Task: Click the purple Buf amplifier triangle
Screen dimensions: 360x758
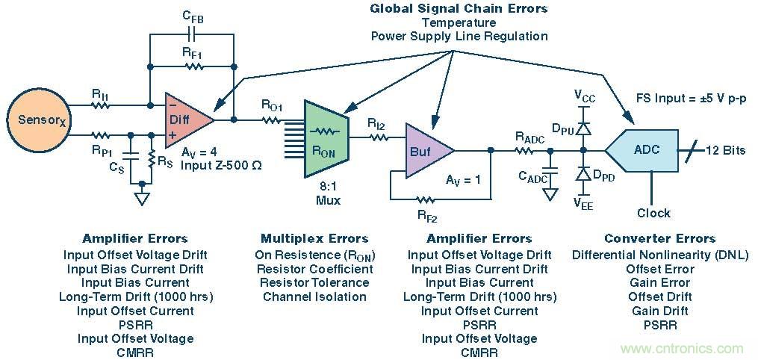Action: click(x=426, y=150)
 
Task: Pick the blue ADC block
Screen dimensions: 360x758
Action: click(x=644, y=150)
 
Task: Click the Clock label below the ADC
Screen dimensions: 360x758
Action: click(x=653, y=213)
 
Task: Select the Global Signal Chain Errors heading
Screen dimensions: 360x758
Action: click(x=459, y=9)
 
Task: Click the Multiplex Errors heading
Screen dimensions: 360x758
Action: click(x=314, y=239)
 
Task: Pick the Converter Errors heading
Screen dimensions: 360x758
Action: click(x=659, y=239)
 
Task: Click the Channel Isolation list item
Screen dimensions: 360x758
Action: click(x=314, y=297)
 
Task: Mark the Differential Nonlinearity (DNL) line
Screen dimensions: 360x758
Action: click(x=660, y=255)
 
